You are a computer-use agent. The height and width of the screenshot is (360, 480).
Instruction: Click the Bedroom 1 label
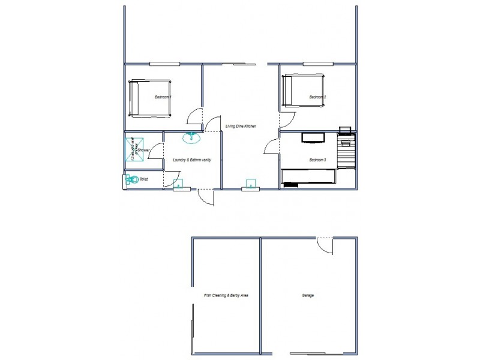coord(163,97)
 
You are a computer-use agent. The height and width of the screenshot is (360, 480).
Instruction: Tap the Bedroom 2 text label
coord(317,97)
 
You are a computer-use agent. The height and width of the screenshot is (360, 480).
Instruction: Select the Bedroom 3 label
coord(317,160)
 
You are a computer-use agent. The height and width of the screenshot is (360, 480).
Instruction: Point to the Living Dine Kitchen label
coord(241,126)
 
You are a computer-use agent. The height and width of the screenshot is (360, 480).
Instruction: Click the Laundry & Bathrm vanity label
coord(191,160)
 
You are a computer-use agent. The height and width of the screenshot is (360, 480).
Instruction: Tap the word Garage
coord(308,296)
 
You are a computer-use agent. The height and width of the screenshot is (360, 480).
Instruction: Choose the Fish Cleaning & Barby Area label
coord(226,296)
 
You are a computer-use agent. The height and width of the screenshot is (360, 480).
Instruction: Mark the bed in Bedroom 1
coord(150,97)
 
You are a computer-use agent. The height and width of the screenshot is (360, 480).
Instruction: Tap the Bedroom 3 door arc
coord(271,147)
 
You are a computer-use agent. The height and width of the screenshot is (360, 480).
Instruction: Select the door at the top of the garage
coord(325,245)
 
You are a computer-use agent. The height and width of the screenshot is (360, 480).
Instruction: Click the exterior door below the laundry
coord(205,197)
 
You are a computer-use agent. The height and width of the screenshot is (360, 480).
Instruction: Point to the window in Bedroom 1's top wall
coord(165,64)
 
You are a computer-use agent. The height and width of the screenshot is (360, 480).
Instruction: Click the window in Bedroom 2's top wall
coord(318,64)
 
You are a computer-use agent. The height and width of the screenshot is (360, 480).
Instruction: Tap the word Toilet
coord(143,179)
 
